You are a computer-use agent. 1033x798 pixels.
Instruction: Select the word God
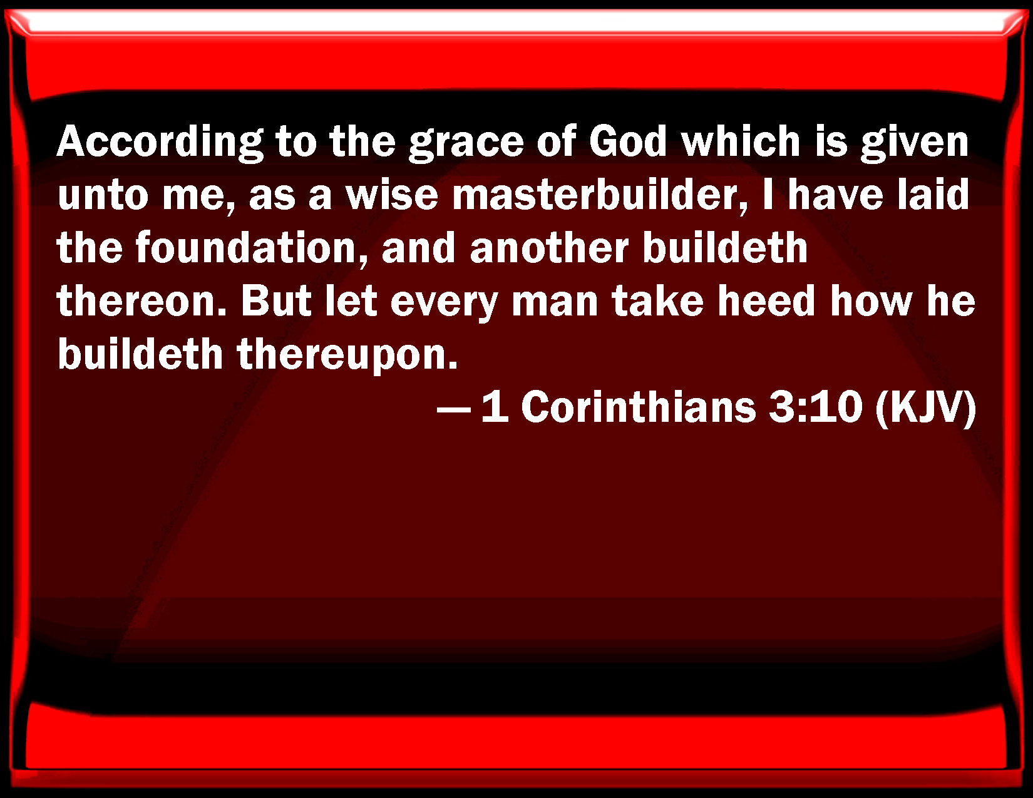(x=627, y=141)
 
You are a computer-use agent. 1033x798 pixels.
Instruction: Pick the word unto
(x=103, y=195)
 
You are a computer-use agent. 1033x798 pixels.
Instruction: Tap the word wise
(x=391, y=194)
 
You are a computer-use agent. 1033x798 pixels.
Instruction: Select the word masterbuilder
(x=599, y=195)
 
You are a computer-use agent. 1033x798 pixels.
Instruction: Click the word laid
(x=933, y=194)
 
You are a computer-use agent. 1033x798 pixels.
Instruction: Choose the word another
(x=549, y=248)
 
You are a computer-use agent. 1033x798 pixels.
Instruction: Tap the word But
(x=276, y=301)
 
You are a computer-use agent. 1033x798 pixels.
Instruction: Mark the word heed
(x=766, y=301)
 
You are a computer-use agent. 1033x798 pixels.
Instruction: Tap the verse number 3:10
(x=815, y=407)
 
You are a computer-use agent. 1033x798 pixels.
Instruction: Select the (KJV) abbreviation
(x=925, y=408)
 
